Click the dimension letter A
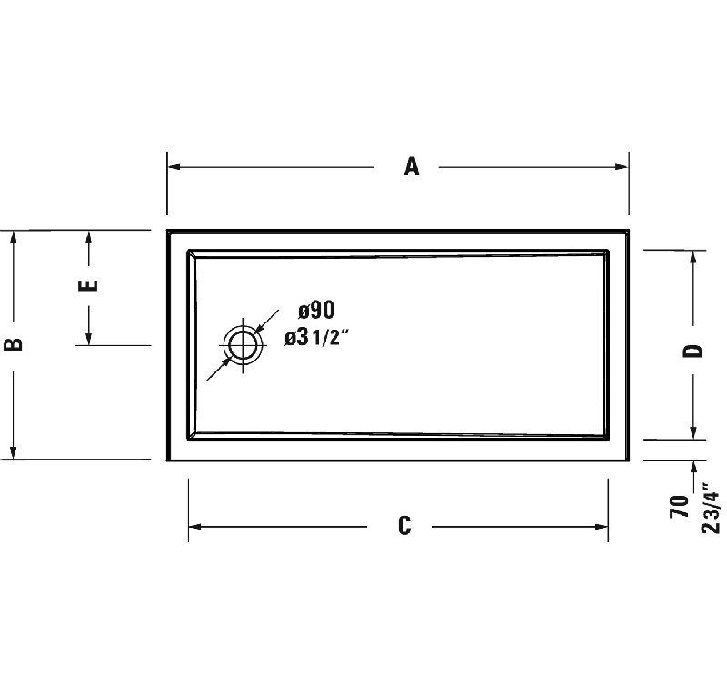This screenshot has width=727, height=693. pos(412,167)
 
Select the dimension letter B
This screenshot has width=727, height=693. pos(14,344)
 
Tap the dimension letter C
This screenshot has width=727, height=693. pos(404,526)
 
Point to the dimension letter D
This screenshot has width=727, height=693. pos(693,351)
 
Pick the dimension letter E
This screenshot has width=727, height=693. pos(88,286)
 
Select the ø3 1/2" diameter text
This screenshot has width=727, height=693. pos(317,338)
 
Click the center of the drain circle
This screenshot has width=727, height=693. pos(243,345)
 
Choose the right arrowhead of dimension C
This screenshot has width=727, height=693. pos(602,527)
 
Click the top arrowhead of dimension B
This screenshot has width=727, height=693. pos(14,238)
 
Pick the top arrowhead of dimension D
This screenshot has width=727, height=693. pos(694,257)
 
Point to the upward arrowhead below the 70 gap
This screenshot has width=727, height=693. pos(694,469)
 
